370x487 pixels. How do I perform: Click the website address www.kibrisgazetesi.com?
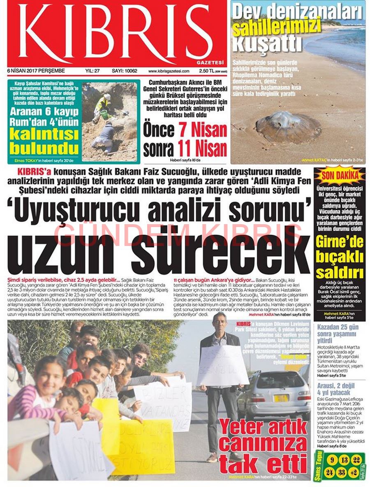point(169,71)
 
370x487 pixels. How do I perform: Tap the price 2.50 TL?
point(205,71)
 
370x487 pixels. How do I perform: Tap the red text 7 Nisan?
point(203,131)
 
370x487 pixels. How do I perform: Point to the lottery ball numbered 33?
point(341,472)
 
